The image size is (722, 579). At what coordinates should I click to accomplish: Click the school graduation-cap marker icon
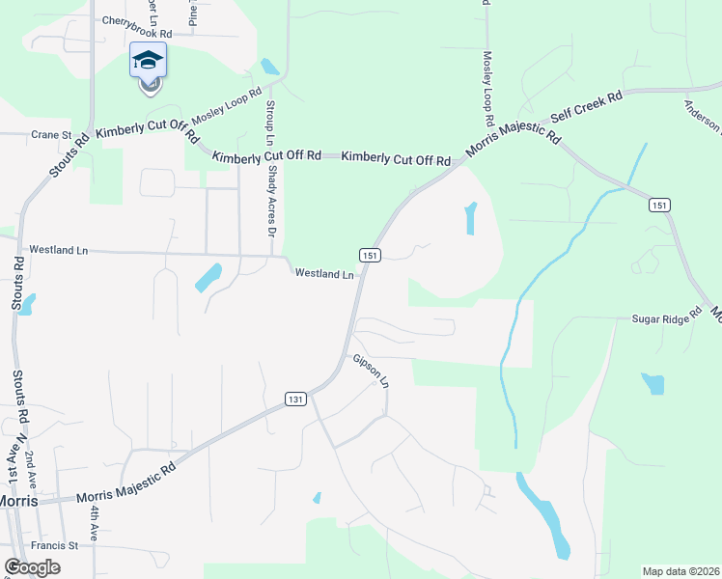coord(148,62)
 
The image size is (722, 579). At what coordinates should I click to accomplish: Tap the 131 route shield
coord(295,399)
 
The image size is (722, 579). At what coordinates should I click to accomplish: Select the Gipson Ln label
coord(371,370)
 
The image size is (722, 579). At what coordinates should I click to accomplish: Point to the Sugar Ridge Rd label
coord(665,318)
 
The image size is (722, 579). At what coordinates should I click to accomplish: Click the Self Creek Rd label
coord(586,106)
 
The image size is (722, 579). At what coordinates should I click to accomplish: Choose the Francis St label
coord(53,545)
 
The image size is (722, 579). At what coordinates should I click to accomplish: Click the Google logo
coord(32,567)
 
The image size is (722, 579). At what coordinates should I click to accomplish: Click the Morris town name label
coord(18,501)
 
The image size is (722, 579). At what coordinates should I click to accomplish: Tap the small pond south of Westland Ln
coord(208,278)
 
